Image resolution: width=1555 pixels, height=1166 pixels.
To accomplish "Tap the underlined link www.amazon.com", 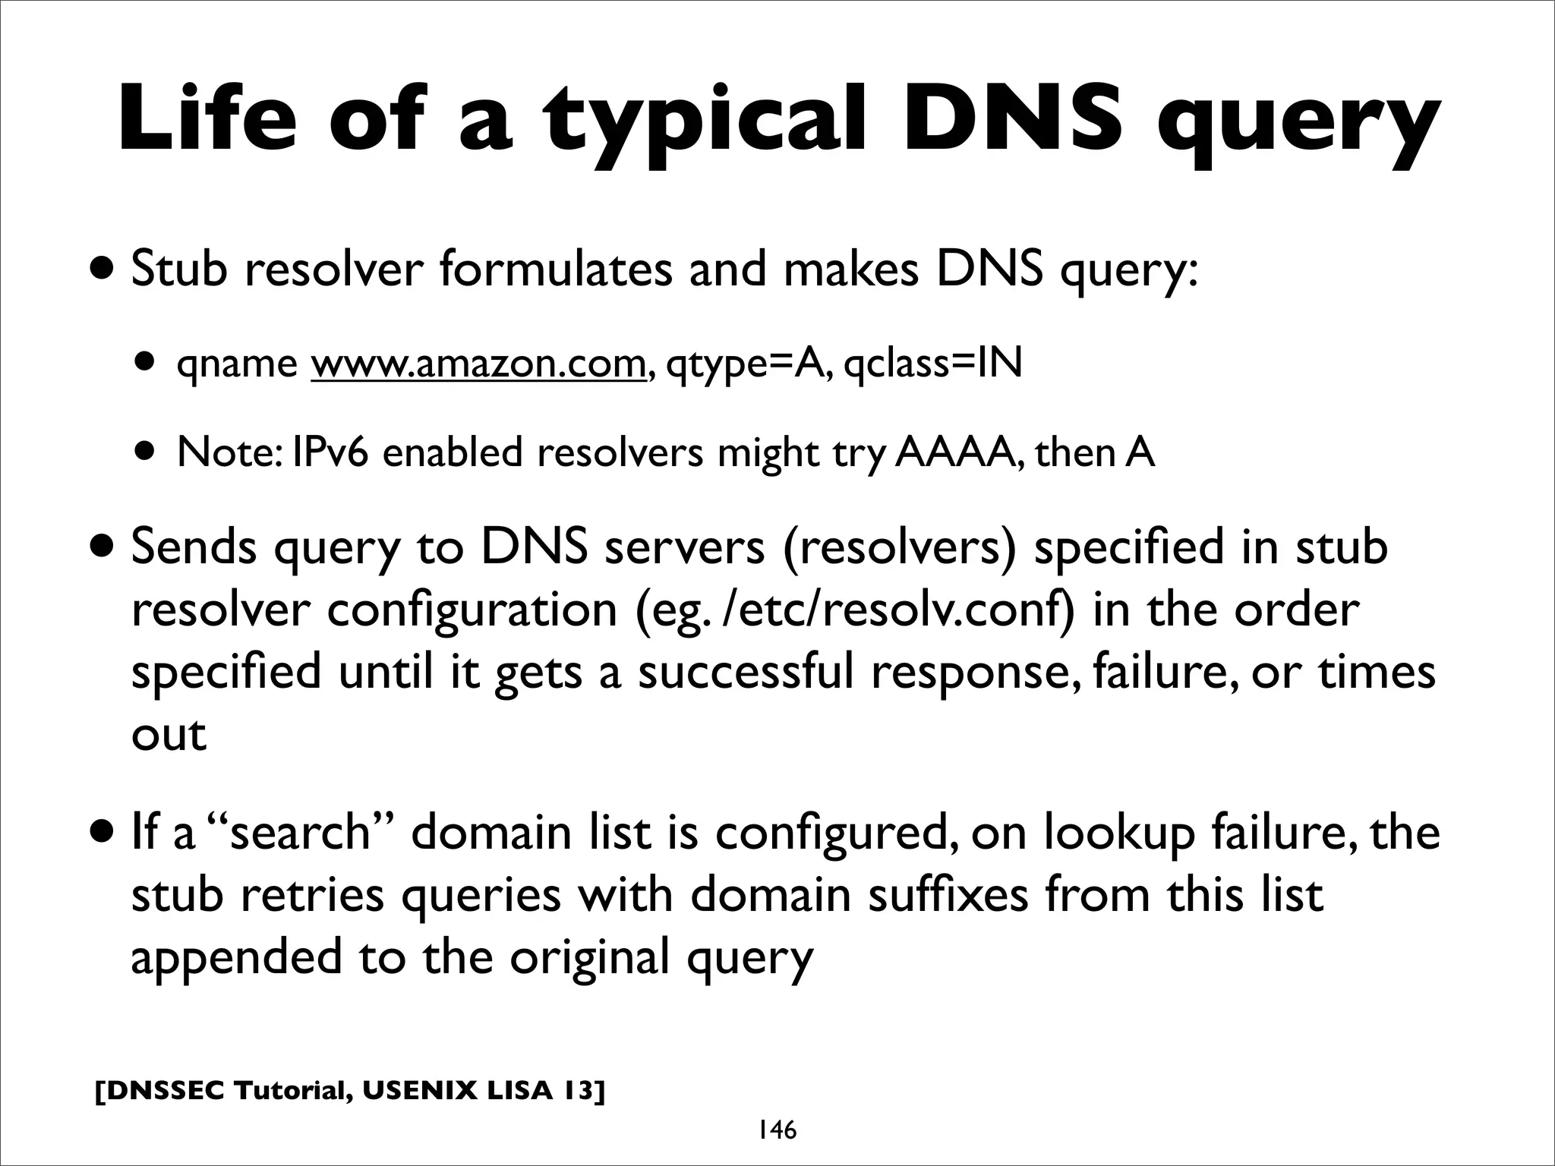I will [x=478, y=364].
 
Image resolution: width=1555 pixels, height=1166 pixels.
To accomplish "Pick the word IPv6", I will [x=332, y=452].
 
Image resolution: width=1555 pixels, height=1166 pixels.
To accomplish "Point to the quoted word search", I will [x=299, y=832].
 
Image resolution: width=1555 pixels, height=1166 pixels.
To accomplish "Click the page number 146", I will [x=775, y=1130].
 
